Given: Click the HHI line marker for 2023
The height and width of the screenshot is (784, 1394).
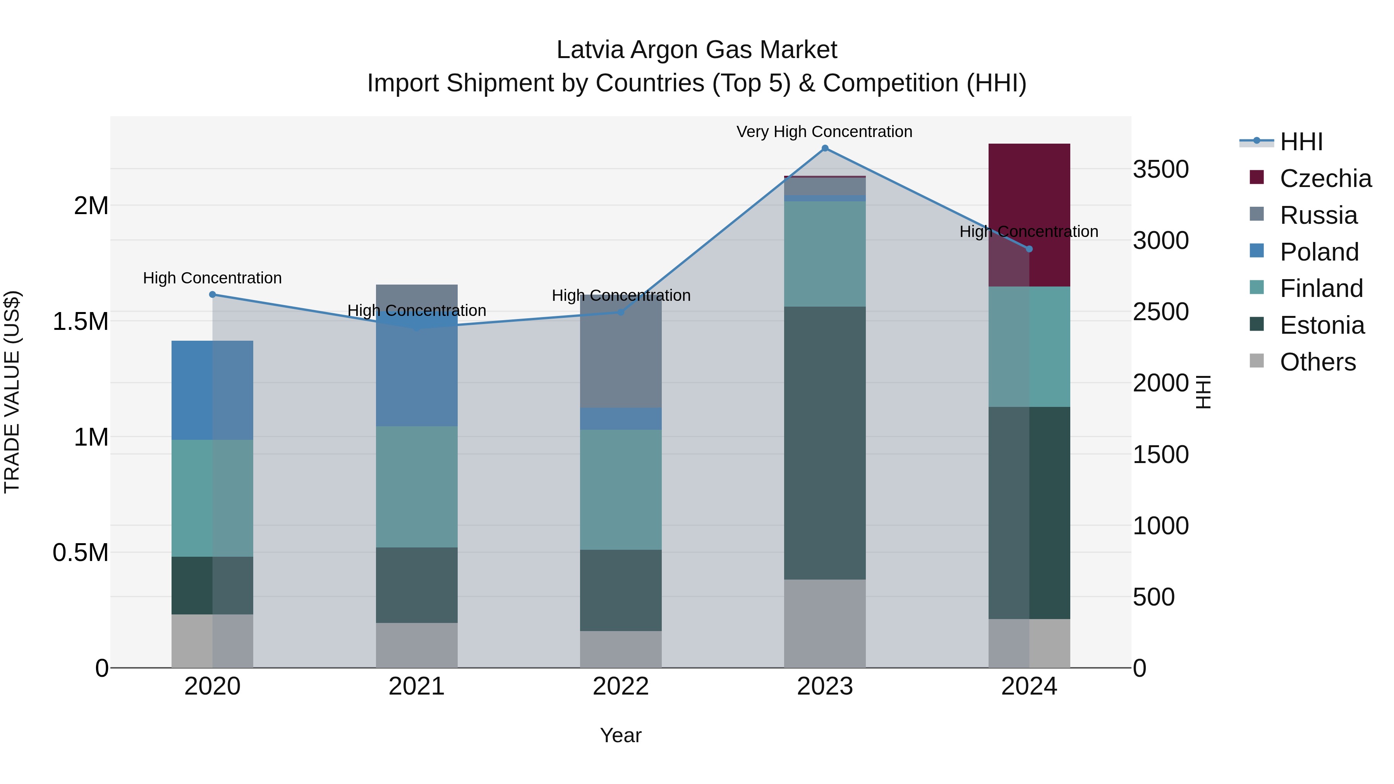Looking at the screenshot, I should click(x=825, y=148).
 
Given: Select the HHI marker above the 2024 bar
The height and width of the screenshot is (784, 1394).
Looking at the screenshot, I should click(x=1029, y=249).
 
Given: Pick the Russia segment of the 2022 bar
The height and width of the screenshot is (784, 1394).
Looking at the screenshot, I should click(x=621, y=351).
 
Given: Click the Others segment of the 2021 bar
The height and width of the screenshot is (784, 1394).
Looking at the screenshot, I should click(x=417, y=645).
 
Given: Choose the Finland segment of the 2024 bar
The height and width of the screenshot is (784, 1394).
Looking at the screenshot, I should click(x=1029, y=346).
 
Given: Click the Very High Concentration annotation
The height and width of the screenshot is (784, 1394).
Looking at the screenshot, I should click(x=824, y=132).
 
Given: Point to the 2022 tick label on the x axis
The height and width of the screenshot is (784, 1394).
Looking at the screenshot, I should click(x=621, y=686).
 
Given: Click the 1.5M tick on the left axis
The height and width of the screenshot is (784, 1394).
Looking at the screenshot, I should click(x=81, y=321).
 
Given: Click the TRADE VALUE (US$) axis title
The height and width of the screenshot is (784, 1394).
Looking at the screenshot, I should click(x=12, y=392).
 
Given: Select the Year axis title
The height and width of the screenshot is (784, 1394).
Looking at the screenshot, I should click(x=621, y=735).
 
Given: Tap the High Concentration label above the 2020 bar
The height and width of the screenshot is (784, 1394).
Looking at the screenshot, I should click(x=212, y=278).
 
